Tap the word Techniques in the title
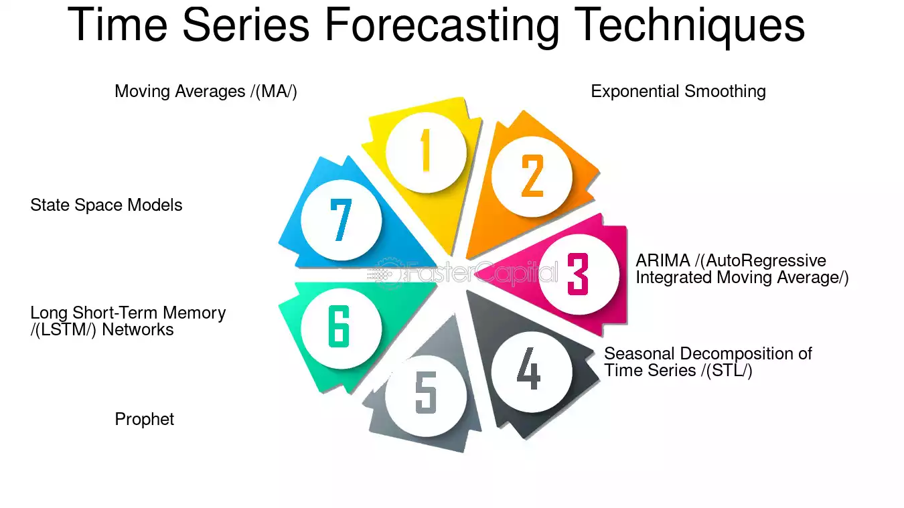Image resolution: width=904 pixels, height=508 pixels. (690, 25)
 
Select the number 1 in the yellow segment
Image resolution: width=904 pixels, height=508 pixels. (425, 150)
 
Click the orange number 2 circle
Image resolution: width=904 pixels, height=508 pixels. (532, 176)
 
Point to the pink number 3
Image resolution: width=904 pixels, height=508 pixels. (577, 274)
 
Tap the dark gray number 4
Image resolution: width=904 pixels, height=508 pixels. (529, 368)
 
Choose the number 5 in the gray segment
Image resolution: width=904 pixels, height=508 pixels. (426, 393)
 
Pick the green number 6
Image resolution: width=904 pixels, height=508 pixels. (339, 327)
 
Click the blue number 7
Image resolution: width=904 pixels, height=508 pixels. (341, 220)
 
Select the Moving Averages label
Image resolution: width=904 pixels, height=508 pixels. (206, 92)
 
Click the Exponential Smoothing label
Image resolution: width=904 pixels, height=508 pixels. (678, 92)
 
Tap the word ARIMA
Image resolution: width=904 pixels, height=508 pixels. (663, 260)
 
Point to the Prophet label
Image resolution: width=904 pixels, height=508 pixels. (145, 420)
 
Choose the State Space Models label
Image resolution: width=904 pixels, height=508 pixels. (106, 205)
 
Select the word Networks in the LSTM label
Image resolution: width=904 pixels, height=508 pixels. (138, 330)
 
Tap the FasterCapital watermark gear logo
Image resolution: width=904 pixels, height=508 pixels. (388, 274)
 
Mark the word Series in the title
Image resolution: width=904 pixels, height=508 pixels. (246, 25)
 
